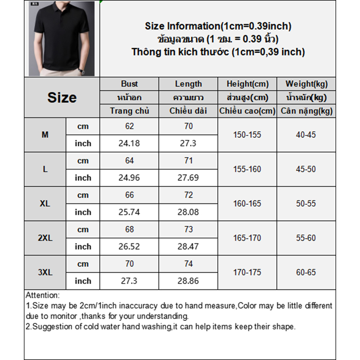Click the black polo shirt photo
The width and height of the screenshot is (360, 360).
(62, 39)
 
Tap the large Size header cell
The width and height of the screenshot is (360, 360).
(62, 98)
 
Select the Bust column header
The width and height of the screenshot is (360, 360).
(129, 84)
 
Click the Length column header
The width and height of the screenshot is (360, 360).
(188, 84)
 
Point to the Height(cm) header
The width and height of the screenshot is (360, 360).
(247, 84)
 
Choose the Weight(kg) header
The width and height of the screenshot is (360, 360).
(306, 84)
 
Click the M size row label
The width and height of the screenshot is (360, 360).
(45, 135)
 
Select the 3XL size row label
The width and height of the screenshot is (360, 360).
(45, 272)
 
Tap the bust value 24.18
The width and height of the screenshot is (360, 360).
(129, 144)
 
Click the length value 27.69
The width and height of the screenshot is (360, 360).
(188, 178)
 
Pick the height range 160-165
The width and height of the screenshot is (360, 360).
(247, 203)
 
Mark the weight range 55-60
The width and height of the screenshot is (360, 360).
(306, 238)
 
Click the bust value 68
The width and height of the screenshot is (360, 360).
(129, 229)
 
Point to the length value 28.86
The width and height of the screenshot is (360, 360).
(188, 281)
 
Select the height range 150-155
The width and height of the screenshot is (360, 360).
(247, 135)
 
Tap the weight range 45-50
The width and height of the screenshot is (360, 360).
(306, 169)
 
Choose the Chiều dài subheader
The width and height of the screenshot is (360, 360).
(188, 111)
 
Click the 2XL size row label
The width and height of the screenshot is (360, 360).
(45, 238)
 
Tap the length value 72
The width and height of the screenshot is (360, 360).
(188, 195)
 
